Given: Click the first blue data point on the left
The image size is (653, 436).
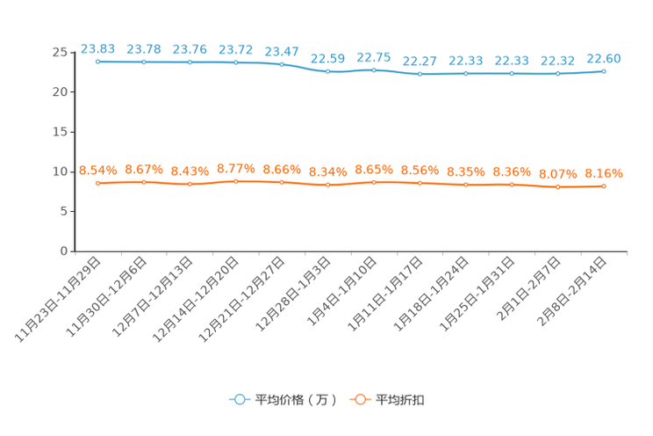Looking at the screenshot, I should (x=97, y=62).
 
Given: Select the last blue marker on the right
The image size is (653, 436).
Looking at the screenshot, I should (x=604, y=71).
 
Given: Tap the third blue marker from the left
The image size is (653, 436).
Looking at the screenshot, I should (x=190, y=62).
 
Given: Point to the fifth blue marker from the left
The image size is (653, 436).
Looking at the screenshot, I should (x=282, y=64).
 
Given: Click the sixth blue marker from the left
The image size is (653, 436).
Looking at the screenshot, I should (x=327, y=72).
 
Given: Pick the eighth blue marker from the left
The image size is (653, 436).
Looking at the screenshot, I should (x=420, y=75).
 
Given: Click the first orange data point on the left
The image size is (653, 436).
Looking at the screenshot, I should (x=97, y=183).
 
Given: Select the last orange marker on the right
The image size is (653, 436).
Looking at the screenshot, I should (x=604, y=186).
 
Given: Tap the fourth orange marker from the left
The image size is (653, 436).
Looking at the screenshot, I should (x=235, y=181).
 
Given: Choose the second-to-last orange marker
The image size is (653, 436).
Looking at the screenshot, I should (x=557, y=187).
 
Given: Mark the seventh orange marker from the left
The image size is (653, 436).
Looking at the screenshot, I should (x=374, y=182).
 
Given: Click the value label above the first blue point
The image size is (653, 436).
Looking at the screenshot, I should (x=97, y=47).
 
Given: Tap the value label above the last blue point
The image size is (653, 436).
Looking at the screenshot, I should (x=604, y=58).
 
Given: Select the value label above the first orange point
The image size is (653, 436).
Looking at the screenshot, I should (x=97, y=169).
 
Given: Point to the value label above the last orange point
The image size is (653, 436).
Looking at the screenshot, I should (x=604, y=173).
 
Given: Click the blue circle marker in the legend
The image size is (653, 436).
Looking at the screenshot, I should (x=239, y=399).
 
